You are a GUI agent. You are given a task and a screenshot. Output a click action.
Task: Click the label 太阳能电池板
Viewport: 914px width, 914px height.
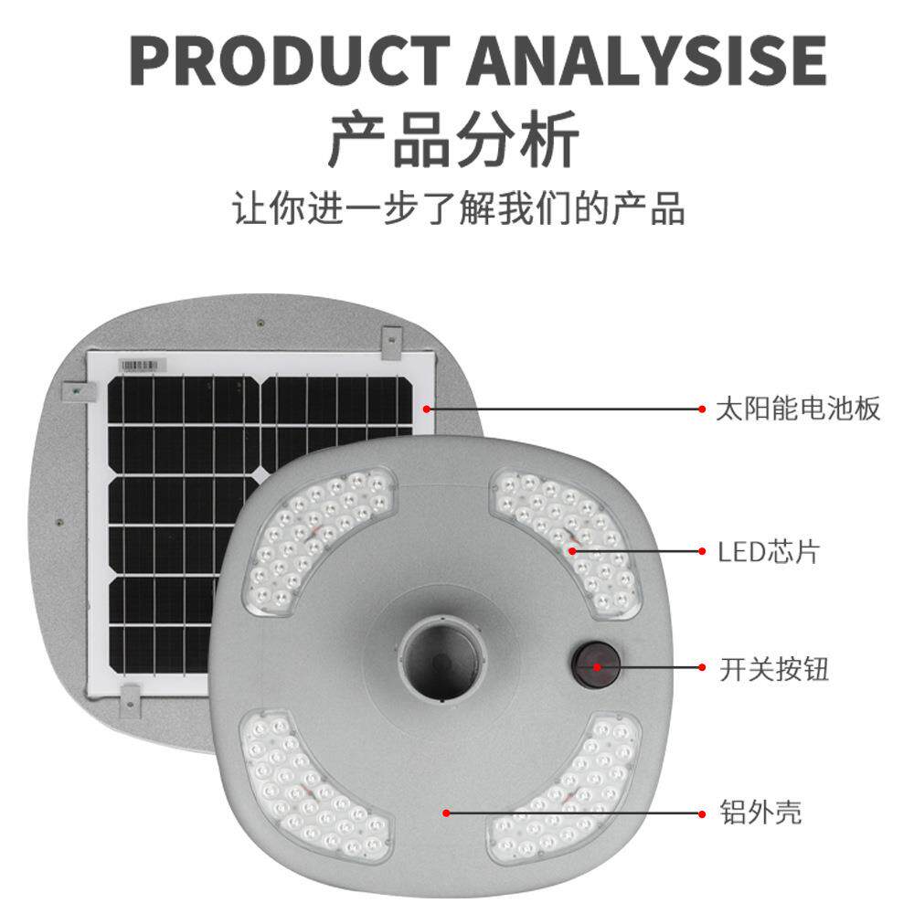[x=799, y=409]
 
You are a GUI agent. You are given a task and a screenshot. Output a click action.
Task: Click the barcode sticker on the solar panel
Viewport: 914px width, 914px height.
[x=144, y=364]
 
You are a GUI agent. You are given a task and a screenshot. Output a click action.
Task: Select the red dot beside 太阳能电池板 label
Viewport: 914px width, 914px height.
[x=702, y=409]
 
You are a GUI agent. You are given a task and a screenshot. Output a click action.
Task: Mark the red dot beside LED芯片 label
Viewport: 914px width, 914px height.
[x=702, y=551]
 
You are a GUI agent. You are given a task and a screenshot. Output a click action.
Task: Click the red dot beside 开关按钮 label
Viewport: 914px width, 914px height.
[x=702, y=668]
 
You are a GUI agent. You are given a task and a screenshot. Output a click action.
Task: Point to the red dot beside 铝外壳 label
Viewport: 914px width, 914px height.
[x=702, y=811]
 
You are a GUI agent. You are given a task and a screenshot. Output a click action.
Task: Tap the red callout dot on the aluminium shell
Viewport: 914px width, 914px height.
[x=446, y=811]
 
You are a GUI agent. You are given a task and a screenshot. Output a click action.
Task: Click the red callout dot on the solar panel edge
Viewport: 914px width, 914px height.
[x=427, y=409]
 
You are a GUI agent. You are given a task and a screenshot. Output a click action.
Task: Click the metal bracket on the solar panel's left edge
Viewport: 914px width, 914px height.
[x=79, y=391]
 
